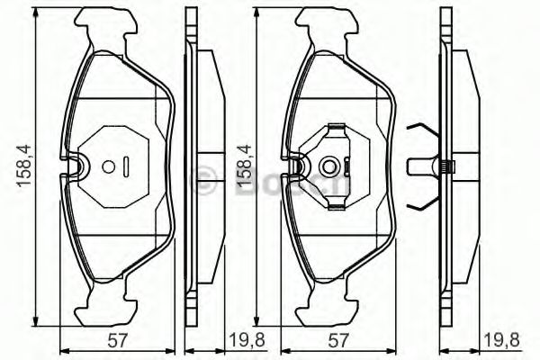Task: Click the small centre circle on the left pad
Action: tap(108, 166)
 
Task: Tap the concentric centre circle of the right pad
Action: tap(329, 166)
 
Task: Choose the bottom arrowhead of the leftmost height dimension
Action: tap(36, 324)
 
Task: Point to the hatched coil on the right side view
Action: tap(446, 166)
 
